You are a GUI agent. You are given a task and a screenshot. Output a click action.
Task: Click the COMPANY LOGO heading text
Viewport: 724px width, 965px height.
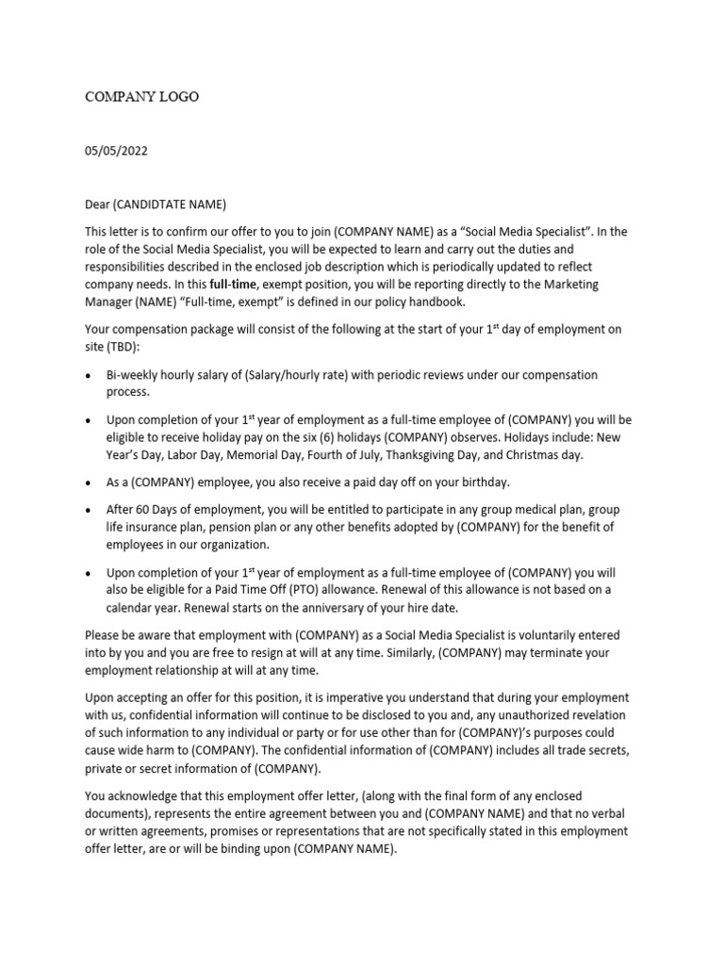pyautogui.click(x=142, y=97)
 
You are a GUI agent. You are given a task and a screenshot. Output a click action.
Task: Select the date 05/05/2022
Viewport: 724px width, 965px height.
pyautogui.click(x=116, y=151)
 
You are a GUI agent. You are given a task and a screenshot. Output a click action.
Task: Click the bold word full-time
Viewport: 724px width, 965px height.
pyautogui.click(x=236, y=284)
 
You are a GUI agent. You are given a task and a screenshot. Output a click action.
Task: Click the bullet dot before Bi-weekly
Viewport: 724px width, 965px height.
pyautogui.click(x=89, y=375)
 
